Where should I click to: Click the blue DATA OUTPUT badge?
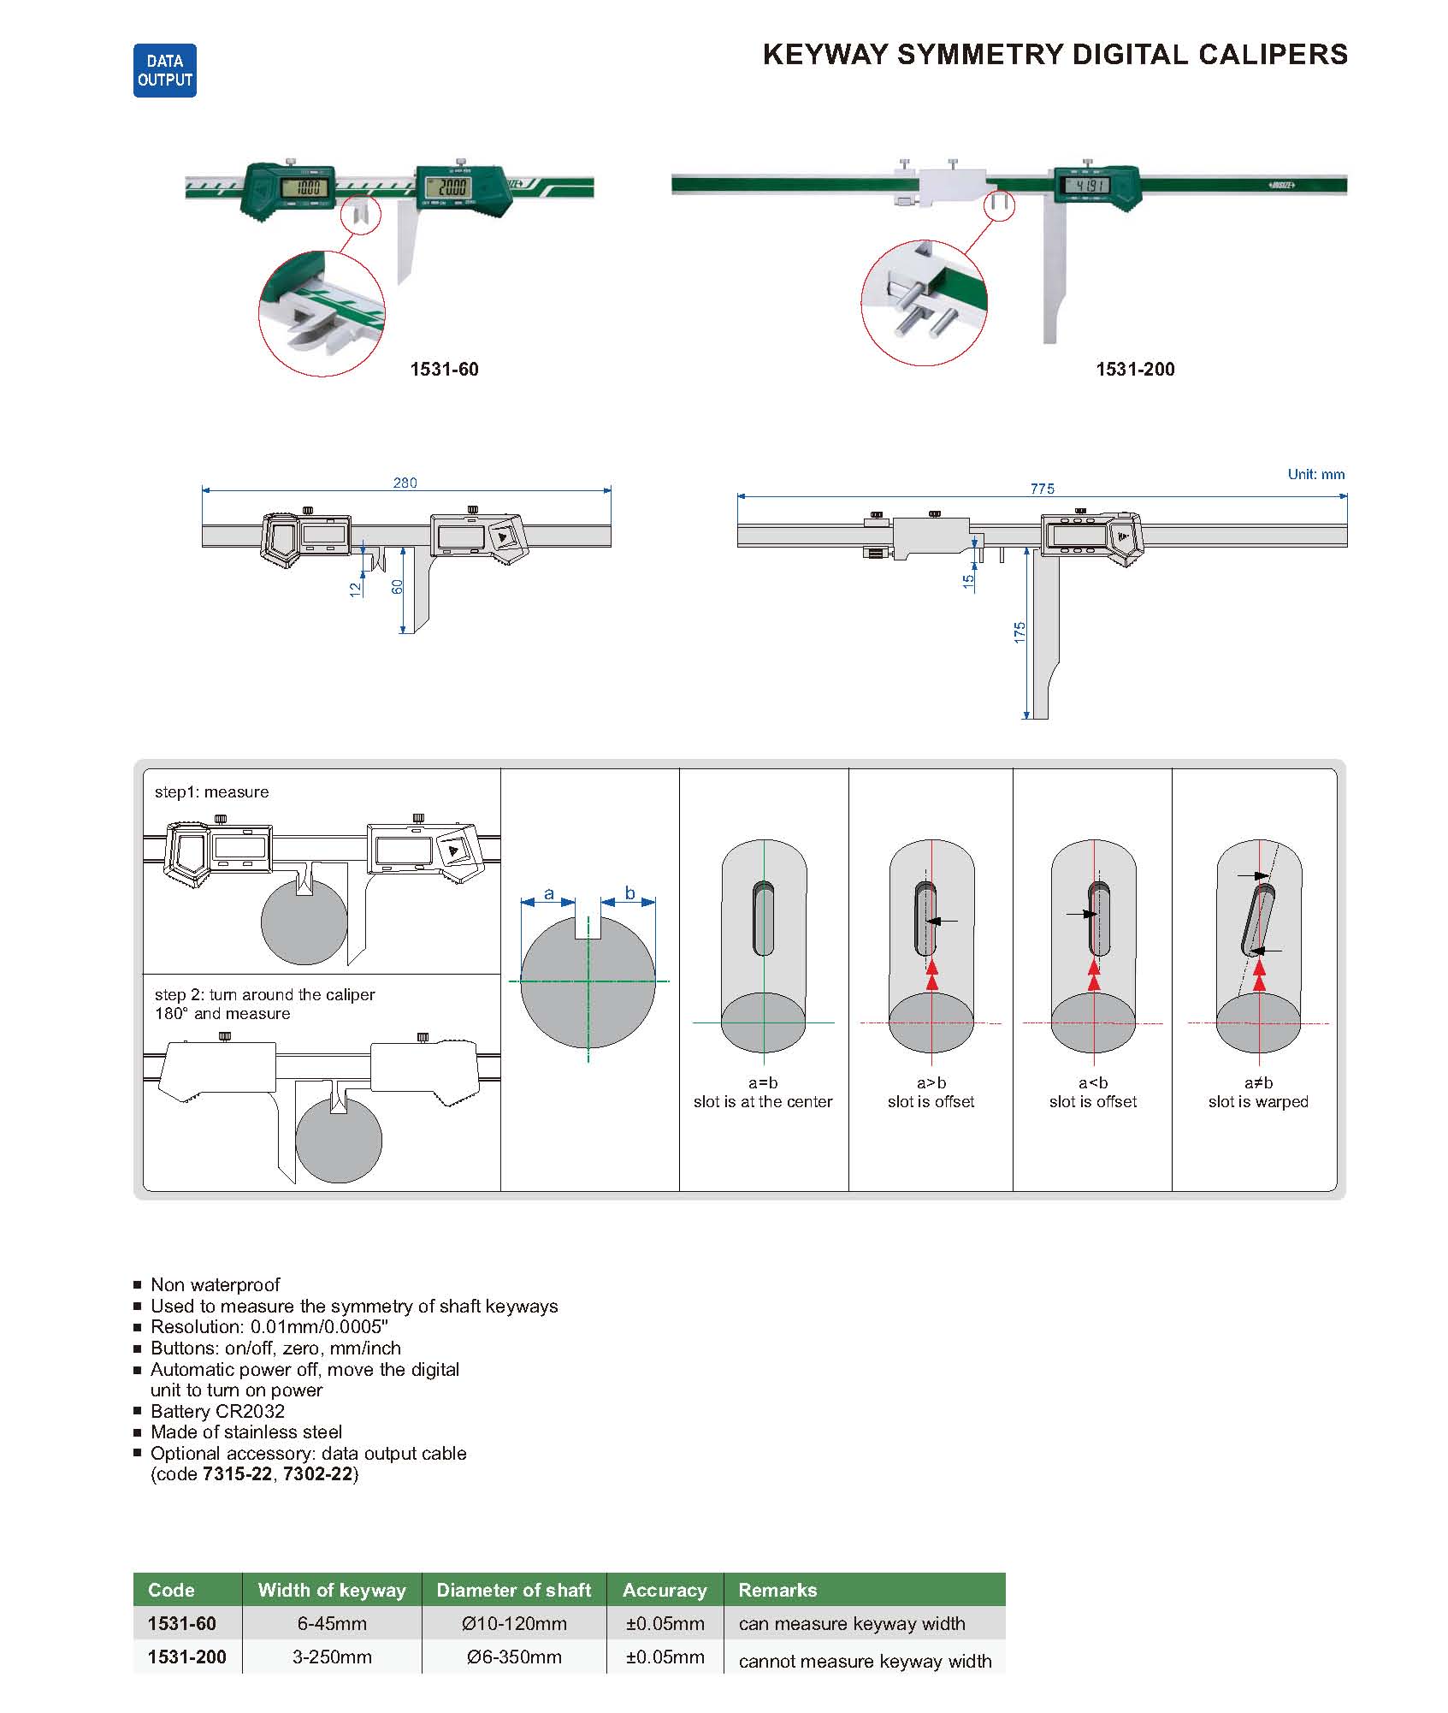pyautogui.click(x=165, y=70)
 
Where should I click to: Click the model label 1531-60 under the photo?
pyautogui.click(x=444, y=370)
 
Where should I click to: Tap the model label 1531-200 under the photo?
pyautogui.click(x=1135, y=370)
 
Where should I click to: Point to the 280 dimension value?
pyautogui.click(x=405, y=483)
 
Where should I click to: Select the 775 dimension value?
pyautogui.click(x=1042, y=489)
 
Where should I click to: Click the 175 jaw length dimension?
pyautogui.click(x=1020, y=632)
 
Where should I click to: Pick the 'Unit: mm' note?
pyautogui.click(x=1315, y=474)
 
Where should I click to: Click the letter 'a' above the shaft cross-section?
pyautogui.click(x=549, y=894)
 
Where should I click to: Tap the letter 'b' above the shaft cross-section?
pyautogui.click(x=629, y=893)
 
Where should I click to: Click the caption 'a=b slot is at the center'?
pyautogui.click(x=763, y=1093)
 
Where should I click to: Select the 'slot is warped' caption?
pyautogui.click(x=1258, y=1102)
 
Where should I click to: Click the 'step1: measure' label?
pyautogui.click(x=211, y=792)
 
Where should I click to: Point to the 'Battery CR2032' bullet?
pyautogui.click(x=217, y=1411)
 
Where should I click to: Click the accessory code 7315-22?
pyautogui.click(x=237, y=1473)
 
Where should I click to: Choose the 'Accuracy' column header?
pyautogui.click(x=665, y=1590)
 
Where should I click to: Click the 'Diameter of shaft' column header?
pyautogui.click(x=513, y=1590)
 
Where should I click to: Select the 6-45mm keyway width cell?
pyautogui.click(x=332, y=1623)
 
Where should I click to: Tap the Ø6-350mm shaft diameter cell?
pyautogui.click(x=514, y=1657)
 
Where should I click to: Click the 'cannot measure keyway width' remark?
pyautogui.click(x=865, y=1661)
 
